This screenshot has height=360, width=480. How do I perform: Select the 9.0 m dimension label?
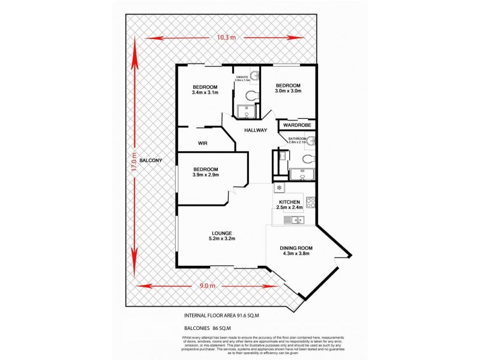click(x=208, y=286)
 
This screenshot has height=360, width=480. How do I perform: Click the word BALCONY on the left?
click(x=151, y=161)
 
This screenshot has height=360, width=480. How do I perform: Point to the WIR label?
click(x=202, y=143)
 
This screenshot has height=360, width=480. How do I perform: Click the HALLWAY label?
click(x=255, y=130)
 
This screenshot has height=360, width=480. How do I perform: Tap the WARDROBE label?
click(x=297, y=125)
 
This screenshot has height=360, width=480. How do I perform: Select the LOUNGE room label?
click(x=221, y=233)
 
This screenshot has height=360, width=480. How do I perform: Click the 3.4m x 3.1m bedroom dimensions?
click(x=205, y=92)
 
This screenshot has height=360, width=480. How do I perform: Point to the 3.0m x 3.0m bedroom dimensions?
click(x=287, y=91)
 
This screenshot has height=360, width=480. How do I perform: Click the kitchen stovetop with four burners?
click(x=311, y=203)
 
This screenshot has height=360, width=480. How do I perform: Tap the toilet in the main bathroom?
click(x=307, y=158)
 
